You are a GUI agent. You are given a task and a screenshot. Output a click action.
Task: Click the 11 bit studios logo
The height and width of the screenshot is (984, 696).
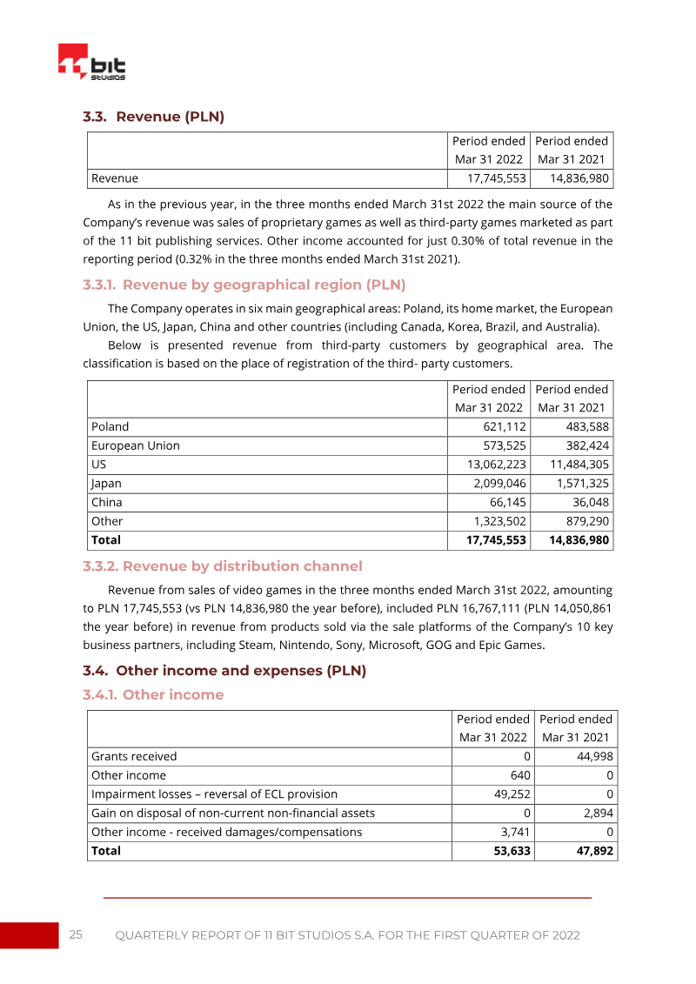click(91, 63)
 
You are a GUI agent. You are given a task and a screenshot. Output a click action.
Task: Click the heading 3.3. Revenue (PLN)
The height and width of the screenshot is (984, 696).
click(153, 117)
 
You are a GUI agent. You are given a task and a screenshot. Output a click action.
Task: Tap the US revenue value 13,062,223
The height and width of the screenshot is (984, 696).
click(493, 465)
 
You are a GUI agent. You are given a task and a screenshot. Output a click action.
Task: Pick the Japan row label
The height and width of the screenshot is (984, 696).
click(107, 483)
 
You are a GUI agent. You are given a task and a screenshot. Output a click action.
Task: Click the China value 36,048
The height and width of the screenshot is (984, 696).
click(587, 502)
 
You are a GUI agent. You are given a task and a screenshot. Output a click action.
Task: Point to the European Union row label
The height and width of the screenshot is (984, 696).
click(136, 445)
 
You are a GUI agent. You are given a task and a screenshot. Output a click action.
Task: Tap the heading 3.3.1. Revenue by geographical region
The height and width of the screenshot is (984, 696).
click(244, 284)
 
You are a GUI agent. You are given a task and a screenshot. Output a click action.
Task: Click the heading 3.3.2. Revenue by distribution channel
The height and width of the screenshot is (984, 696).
click(222, 566)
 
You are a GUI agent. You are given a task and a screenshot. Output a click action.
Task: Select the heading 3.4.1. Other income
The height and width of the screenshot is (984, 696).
click(153, 694)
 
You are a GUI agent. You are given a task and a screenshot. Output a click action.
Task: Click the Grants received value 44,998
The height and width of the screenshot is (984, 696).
click(594, 756)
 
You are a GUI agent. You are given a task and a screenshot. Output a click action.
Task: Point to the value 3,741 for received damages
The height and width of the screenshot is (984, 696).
click(514, 832)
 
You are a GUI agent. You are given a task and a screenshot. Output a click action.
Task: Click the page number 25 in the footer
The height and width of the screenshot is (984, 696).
click(76, 934)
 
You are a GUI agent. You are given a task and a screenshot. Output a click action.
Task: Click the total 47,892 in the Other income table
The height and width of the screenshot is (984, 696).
click(593, 850)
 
